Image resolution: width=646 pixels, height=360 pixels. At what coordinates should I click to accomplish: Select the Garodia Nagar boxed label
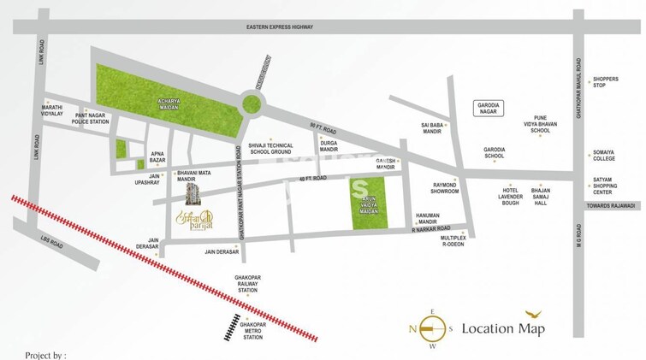[491, 109]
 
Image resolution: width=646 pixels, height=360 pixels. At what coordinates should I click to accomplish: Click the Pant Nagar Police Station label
[92, 117]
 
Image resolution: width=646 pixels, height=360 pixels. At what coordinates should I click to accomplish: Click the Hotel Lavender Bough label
[512, 198]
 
